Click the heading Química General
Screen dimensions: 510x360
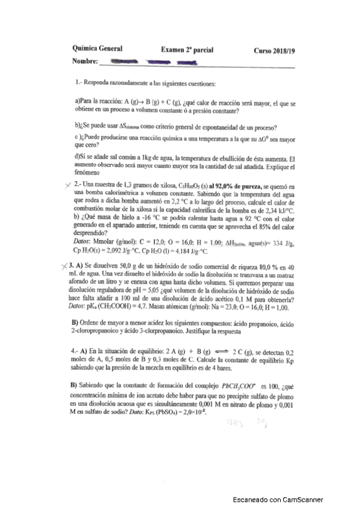tap(97, 49)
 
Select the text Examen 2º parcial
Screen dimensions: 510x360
tap(187, 50)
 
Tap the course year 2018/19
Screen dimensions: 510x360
tap(274, 50)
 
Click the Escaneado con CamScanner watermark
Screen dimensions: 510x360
tap(278, 499)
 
